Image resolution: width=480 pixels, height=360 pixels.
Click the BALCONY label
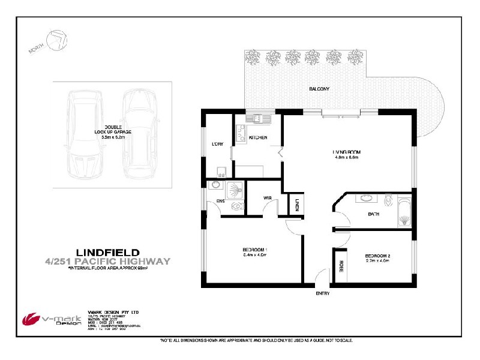(x=319, y=89)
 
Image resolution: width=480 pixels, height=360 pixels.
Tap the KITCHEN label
(x=258, y=138)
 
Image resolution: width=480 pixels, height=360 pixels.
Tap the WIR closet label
(x=268, y=197)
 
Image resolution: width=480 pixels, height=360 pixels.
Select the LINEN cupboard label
(x=297, y=206)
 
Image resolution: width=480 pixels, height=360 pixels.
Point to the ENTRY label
(x=323, y=293)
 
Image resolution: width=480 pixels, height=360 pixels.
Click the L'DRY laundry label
(x=218, y=143)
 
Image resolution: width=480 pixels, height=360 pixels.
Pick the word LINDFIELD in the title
(x=108, y=253)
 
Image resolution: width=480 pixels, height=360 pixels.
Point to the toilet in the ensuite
(x=239, y=206)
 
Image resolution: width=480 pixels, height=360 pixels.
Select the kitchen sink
(x=260, y=118)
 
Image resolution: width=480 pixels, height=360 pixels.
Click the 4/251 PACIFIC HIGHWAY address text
(x=108, y=262)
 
